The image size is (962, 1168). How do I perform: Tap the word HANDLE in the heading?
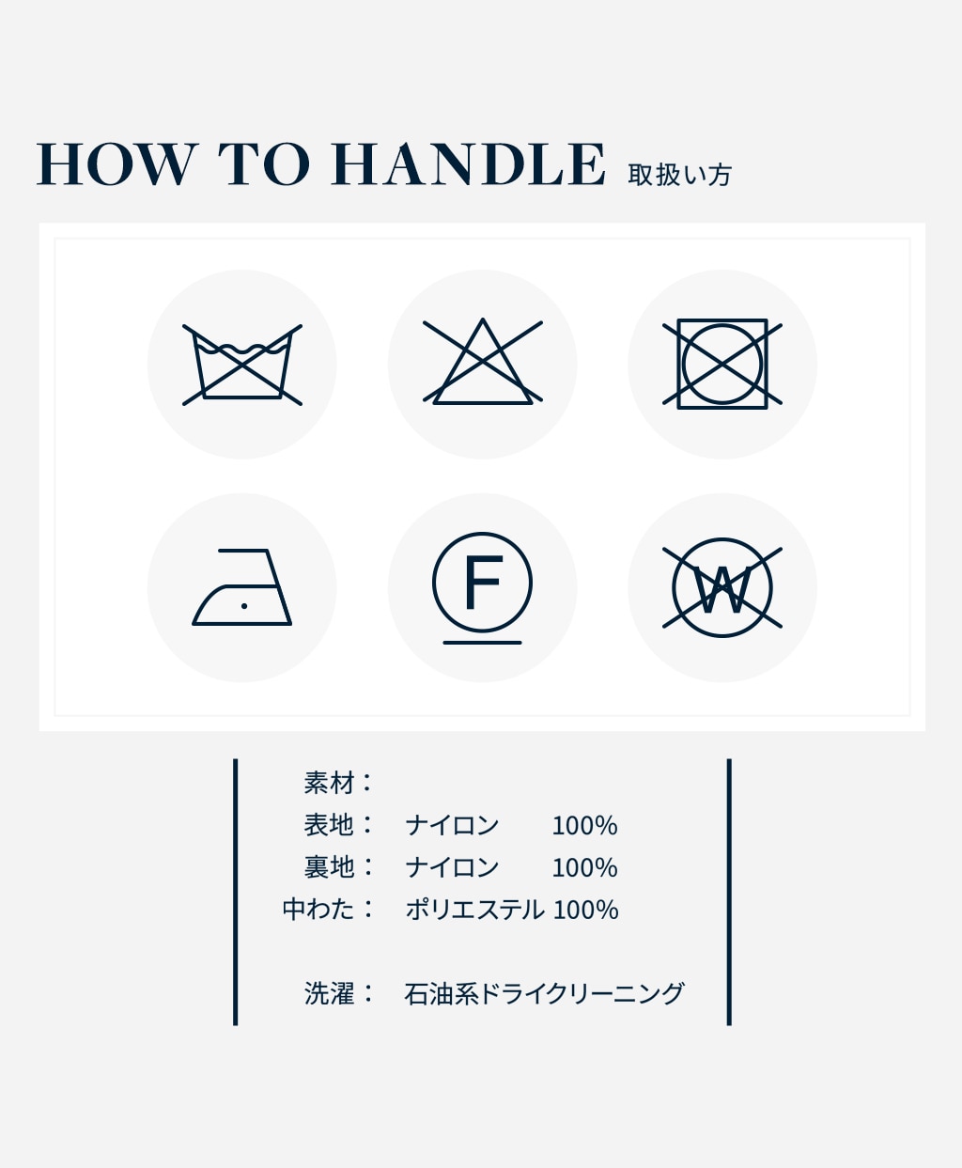tap(468, 165)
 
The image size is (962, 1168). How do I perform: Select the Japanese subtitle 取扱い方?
tap(679, 175)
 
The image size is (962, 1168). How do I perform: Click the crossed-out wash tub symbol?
tap(242, 365)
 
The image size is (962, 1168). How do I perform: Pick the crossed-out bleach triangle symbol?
tap(482, 364)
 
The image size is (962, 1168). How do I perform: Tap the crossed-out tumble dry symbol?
tap(721, 364)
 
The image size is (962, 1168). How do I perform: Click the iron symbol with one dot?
tap(242, 587)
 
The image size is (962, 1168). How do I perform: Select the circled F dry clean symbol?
tap(482, 583)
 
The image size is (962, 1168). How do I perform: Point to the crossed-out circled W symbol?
tap(721, 588)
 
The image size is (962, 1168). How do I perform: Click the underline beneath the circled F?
tap(482, 643)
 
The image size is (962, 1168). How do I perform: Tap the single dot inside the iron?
tap(244, 606)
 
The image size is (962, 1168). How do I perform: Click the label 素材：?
tap(339, 783)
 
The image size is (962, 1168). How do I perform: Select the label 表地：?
tap(339, 825)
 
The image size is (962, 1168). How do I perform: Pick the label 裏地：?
tap(339, 867)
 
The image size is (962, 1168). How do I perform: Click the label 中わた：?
tap(329, 910)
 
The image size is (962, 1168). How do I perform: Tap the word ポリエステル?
tap(474, 910)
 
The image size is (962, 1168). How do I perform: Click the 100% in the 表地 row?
tap(584, 826)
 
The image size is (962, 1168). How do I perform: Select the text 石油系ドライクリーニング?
tap(544, 994)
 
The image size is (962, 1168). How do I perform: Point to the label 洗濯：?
tap(339, 994)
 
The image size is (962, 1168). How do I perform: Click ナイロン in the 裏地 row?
tap(452, 867)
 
